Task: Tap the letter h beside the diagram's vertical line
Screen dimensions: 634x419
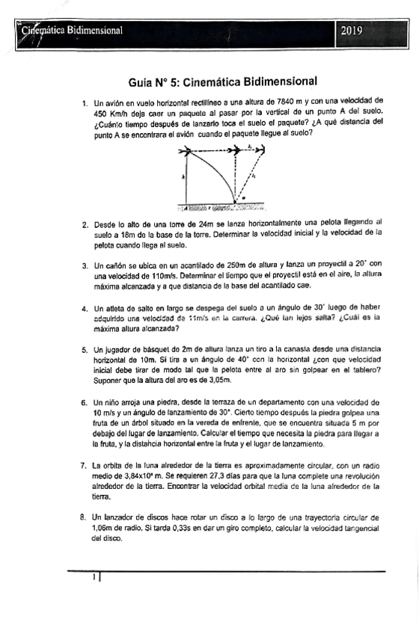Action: coord(183,177)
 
